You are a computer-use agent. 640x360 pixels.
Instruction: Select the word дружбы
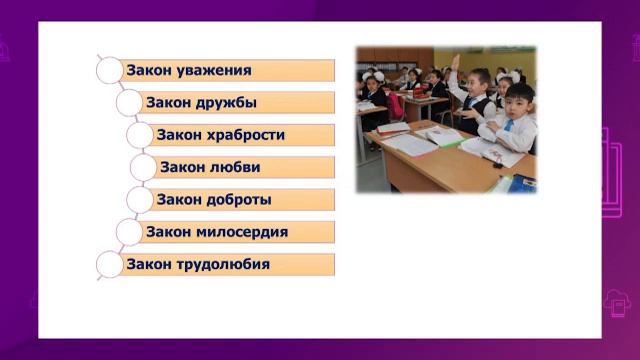225,102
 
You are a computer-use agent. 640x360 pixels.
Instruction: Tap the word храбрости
245,135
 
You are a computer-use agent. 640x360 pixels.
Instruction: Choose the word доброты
236,199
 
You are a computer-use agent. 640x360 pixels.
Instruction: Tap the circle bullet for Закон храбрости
140,135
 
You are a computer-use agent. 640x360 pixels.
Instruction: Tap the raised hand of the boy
455,62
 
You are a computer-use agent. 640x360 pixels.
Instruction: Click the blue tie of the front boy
507,126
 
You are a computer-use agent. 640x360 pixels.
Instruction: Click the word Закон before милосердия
169,232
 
